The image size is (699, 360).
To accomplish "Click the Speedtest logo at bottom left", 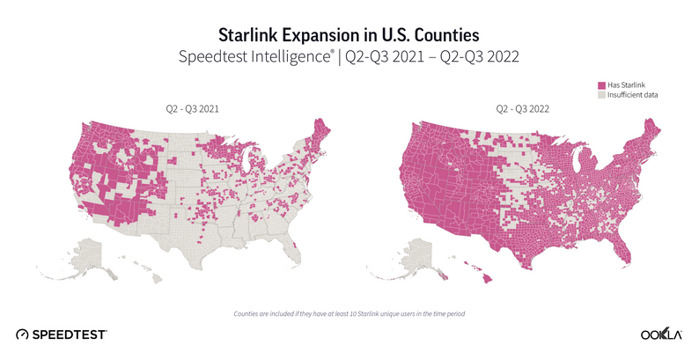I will (62, 334).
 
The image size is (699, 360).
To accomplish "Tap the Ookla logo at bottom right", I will (662, 334).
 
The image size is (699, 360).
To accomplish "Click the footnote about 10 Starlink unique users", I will (349, 313).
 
